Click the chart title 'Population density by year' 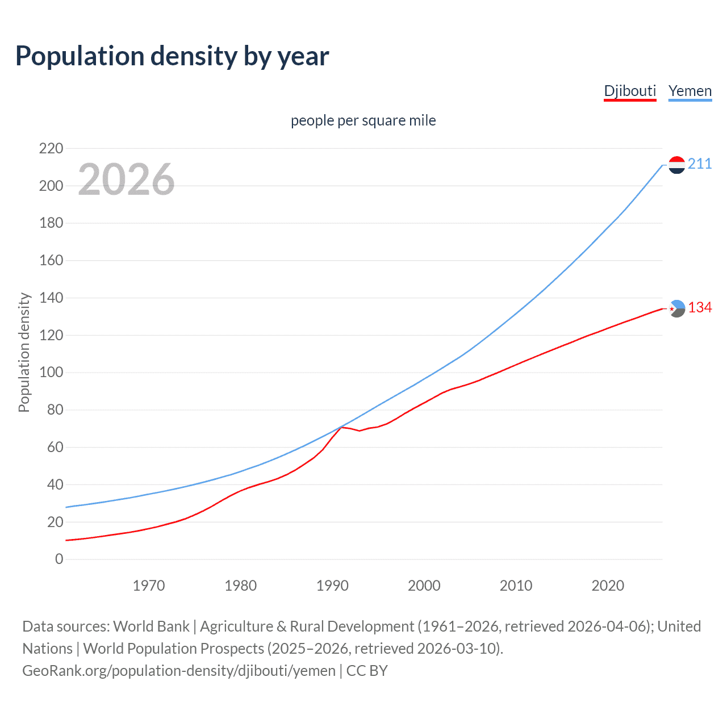tap(172, 56)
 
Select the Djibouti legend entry tap(630, 91)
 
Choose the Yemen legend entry tap(690, 91)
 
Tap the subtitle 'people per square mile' tap(363, 120)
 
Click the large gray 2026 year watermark tap(126, 179)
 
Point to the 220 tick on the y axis tap(51, 149)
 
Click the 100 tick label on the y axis tap(51, 373)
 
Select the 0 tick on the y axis tap(59, 559)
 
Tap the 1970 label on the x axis tap(149, 586)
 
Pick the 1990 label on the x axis tap(332, 586)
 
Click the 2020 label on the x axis tap(608, 586)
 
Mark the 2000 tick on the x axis tap(424, 586)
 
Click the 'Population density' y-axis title tap(24, 352)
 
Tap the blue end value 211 tap(700, 164)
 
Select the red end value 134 tap(700, 308)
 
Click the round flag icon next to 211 tap(676, 165)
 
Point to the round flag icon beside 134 tap(676, 308)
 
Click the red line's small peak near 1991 tap(342, 427)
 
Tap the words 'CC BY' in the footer tap(367, 671)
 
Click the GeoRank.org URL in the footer tap(179, 671)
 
